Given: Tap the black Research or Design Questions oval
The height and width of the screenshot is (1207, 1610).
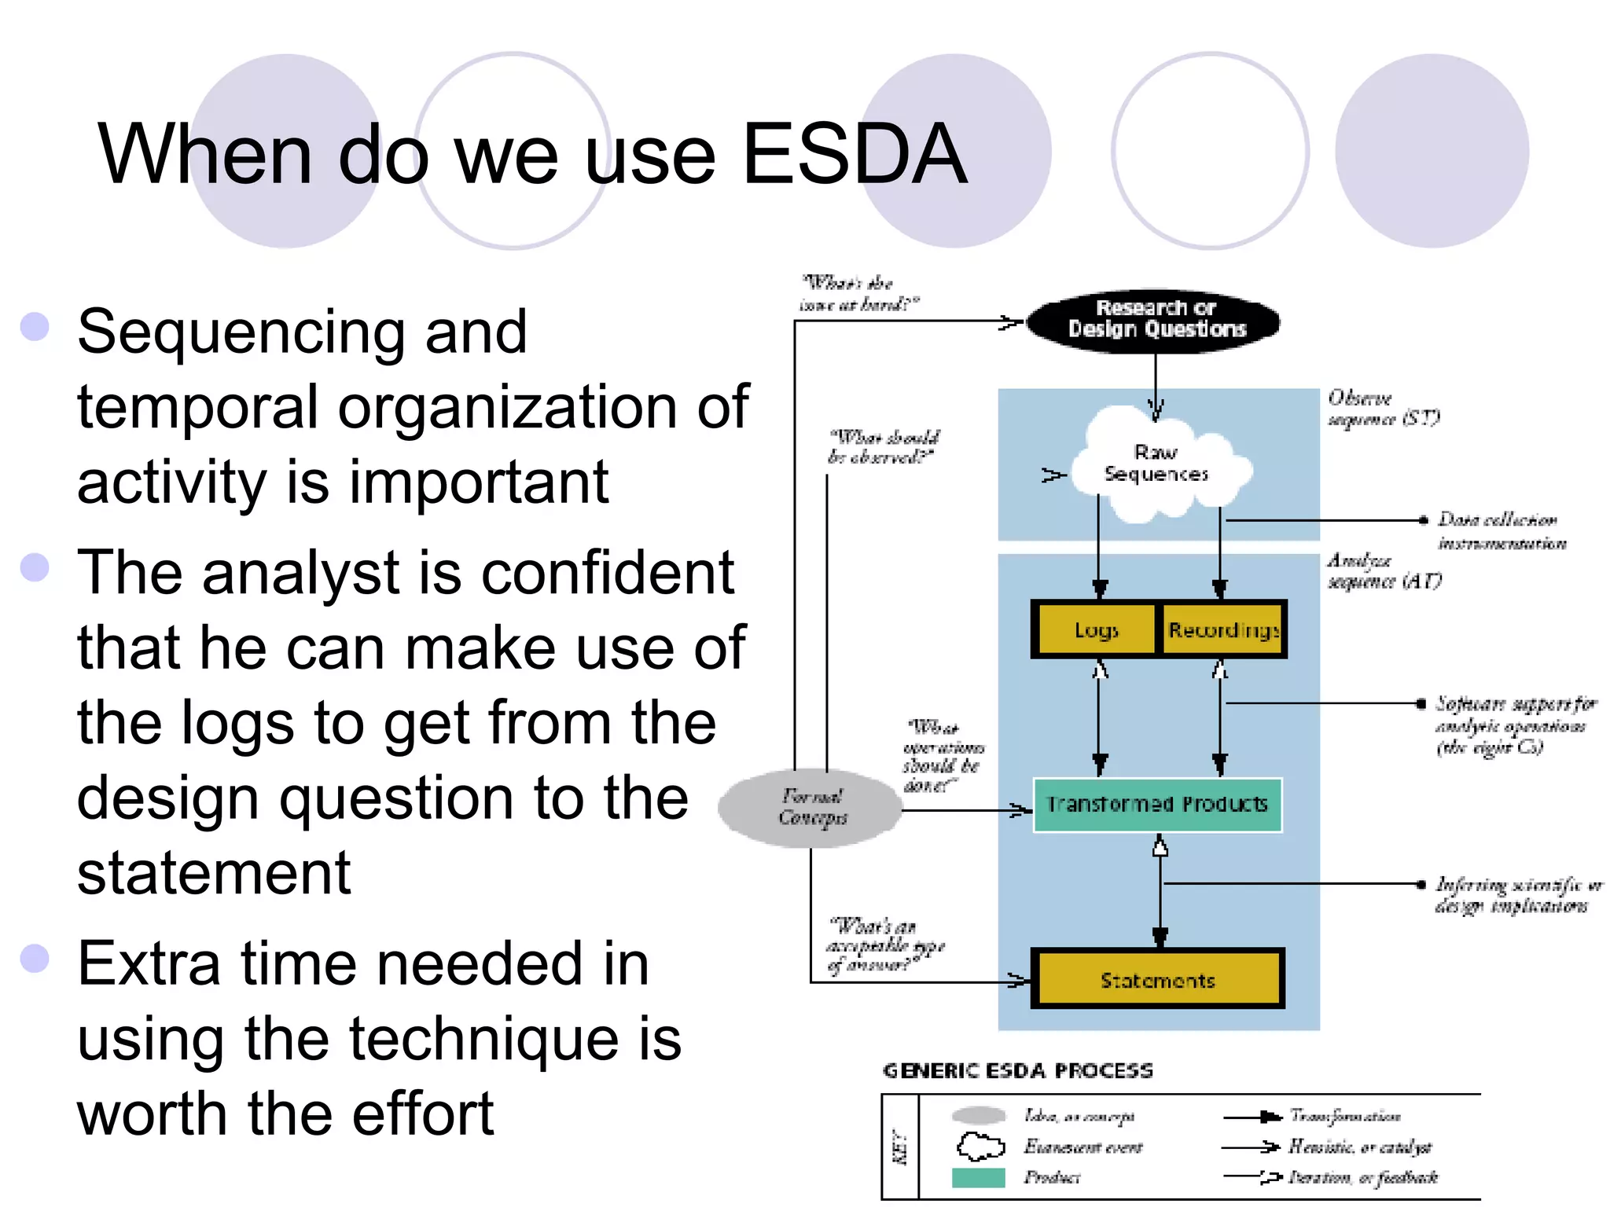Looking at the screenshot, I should (x=1154, y=320).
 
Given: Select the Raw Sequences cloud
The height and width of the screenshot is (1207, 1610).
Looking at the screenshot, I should (x=1156, y=464).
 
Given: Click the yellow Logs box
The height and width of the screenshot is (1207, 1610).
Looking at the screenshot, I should (x=1096, y=629).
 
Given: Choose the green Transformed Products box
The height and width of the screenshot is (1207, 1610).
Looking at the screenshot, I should (x=1157, y=805).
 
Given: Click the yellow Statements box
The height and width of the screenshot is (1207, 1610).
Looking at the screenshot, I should (x=1157, y=980).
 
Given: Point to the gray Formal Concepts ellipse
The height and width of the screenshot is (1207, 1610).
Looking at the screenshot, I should (x=811, y=807).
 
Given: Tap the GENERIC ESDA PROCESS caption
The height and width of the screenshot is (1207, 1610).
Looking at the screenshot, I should (x=1018, y=1071).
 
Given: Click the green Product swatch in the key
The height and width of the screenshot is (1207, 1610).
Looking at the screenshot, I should (x=978, y=1177).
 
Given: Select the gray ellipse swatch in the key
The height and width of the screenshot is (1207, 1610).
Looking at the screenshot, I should (x=978, y=1115).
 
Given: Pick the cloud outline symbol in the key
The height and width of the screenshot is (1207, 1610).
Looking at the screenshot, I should (x=980, y=1146).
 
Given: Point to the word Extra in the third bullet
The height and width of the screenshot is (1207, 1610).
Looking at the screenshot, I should (x=149, y=963).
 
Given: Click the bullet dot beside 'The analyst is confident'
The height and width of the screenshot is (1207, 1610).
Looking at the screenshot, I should (x=35, y=567).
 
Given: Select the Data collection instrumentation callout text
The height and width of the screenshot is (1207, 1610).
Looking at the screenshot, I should (x=1500, y=531).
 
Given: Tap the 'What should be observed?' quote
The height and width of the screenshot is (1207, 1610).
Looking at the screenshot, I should (x=884, y=446).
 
